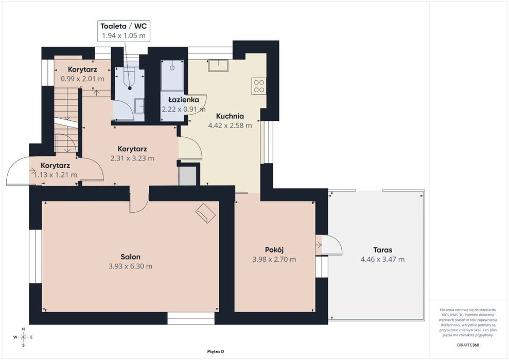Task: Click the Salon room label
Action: click(x=131, y=257)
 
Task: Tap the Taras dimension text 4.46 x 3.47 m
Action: click(x=382, y=259)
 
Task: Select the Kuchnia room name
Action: click(x=230, y=116)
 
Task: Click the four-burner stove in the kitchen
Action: click(x=259, y=86)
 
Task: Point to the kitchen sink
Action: click(x=218, y=65)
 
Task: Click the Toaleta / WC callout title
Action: click(x=124, y=26)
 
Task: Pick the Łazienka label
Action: click(x=183, y=100)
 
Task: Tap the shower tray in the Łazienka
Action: click(x=172, y=75)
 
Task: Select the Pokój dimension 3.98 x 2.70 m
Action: click(x=274, y=259)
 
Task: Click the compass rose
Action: click(x=23, y=337)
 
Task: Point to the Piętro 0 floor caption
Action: click(x=216, y=352)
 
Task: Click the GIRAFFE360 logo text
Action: click(x=468, y=345)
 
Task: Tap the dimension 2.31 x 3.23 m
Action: click(x=132, y=158)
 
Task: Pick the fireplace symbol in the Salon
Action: click(x=205, y=213)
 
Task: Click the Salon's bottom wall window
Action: click(x=191, y=318)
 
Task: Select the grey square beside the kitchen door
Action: click(x=188, y=176)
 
